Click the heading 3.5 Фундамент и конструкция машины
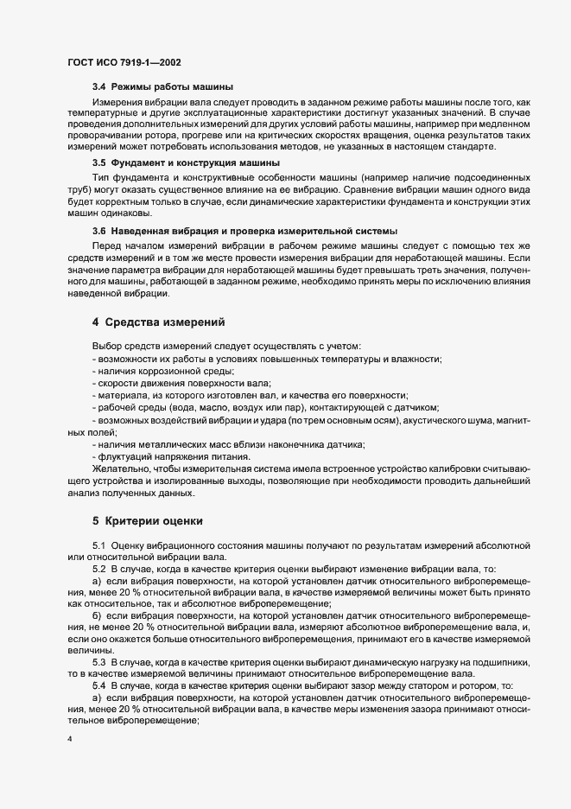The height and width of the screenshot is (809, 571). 186,162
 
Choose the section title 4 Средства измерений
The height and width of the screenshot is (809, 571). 158,322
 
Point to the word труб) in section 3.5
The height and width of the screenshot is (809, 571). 81,188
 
